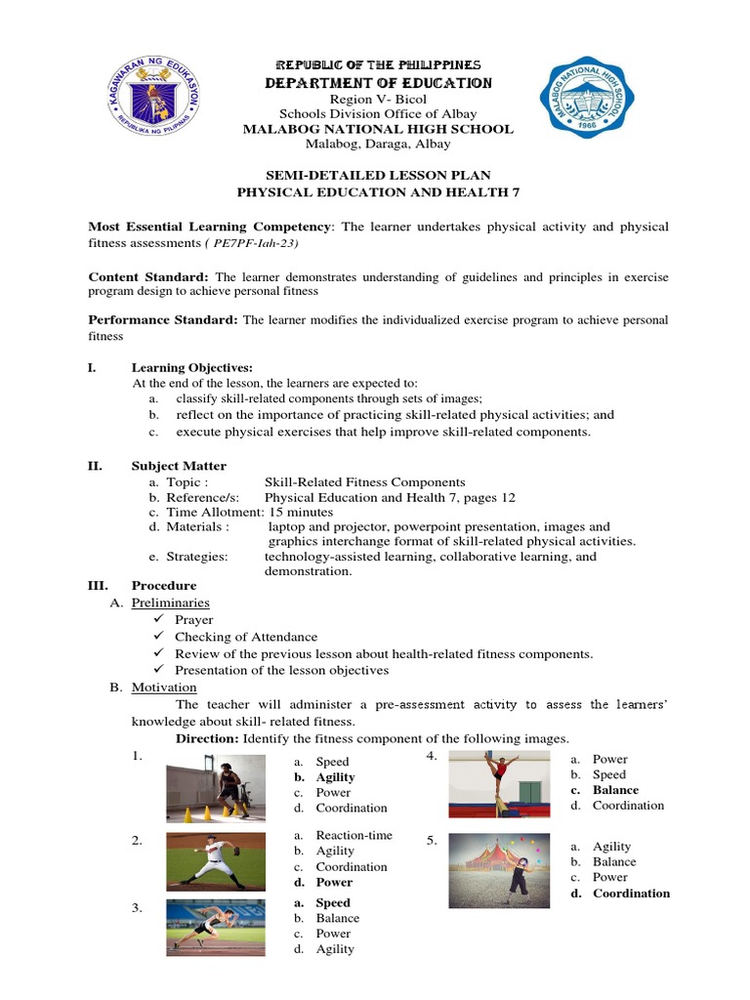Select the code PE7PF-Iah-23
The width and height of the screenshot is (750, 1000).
[253, 243]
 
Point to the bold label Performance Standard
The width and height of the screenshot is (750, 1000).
[163, 319]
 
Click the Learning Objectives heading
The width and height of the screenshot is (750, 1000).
[191, 367]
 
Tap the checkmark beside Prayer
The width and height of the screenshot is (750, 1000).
[160, 620]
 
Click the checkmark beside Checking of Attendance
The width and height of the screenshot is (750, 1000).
[160, 637]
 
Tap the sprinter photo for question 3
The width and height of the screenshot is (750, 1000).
[214, 925]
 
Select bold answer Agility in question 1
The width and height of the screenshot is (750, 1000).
[335, 777]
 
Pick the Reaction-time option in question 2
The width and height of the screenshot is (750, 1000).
[354, 836]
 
